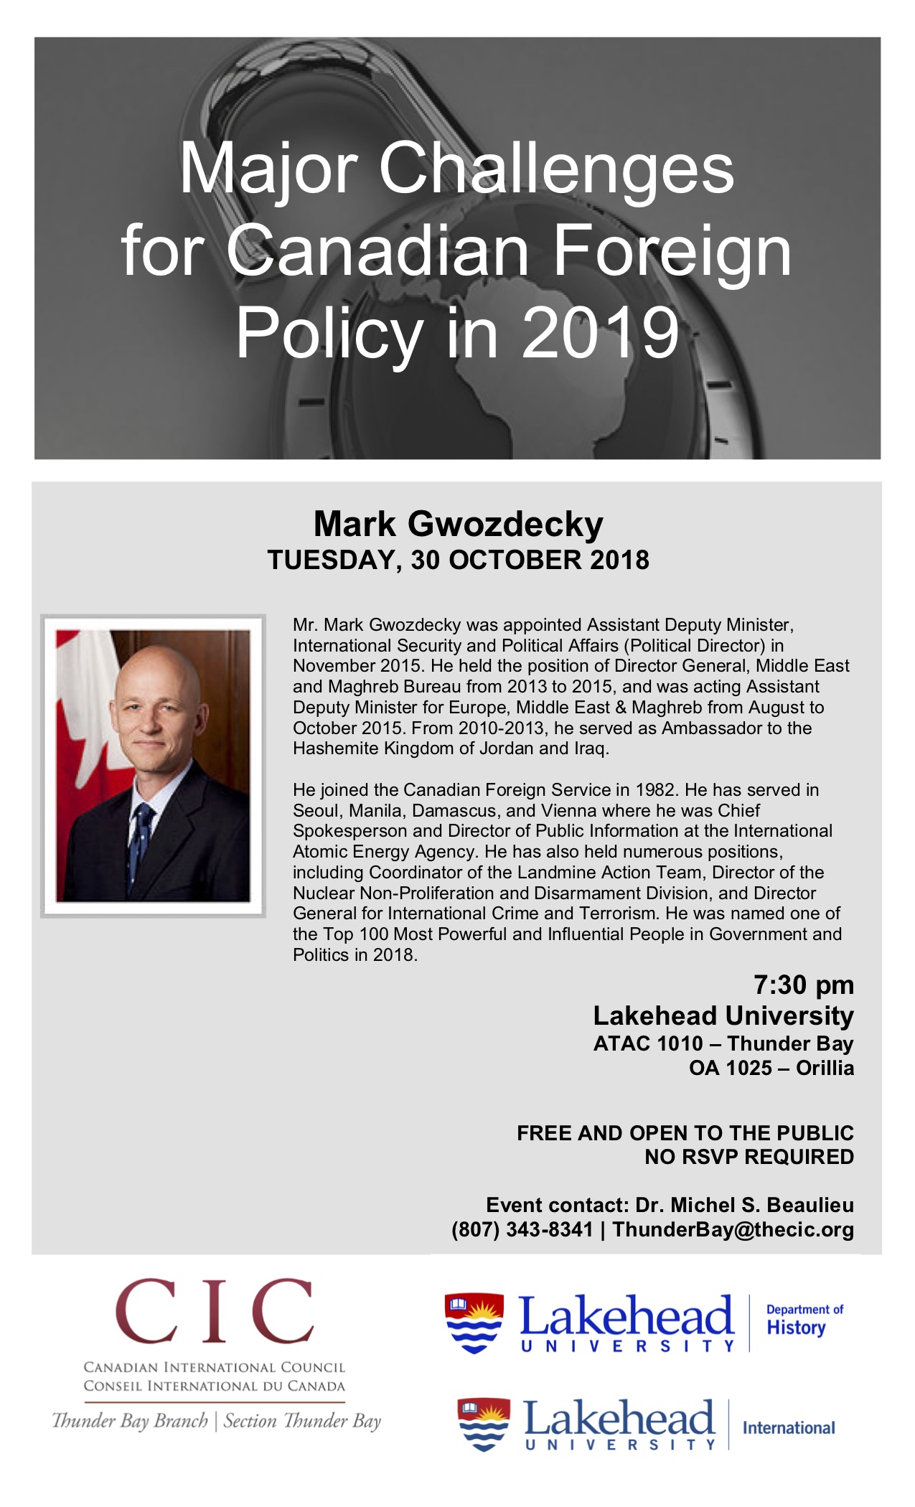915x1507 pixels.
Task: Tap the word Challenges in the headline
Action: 556,169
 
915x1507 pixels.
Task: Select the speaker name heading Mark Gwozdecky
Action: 458,525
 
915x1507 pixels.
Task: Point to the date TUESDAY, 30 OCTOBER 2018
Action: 458,560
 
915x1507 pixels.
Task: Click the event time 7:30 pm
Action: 803,985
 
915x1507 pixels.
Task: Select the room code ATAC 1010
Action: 647,1043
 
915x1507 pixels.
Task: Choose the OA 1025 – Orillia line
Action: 771,1068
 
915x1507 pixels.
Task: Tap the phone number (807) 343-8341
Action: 522,1229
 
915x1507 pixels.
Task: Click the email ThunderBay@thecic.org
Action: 733,1229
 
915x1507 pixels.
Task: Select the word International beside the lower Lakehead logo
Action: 789,1427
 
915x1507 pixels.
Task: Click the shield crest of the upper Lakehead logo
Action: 474,1323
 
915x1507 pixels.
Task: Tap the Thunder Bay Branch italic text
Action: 130,1421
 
